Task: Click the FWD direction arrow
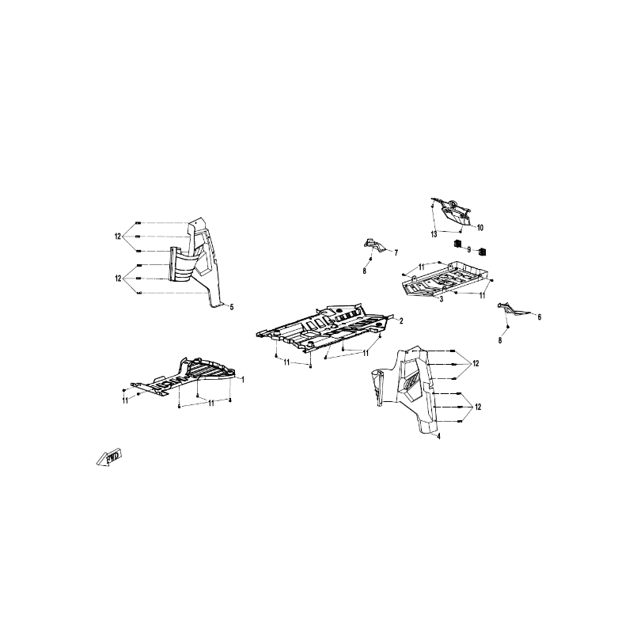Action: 109,457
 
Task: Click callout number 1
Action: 243,379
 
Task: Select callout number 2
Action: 401,321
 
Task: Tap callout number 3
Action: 442,299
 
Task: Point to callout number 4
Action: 439,437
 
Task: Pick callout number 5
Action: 232,307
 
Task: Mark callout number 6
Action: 540,317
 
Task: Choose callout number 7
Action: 396,253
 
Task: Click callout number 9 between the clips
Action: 468,250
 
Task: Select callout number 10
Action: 480,228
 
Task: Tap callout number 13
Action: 434,234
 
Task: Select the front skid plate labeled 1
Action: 184,377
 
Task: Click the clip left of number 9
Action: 458,244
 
